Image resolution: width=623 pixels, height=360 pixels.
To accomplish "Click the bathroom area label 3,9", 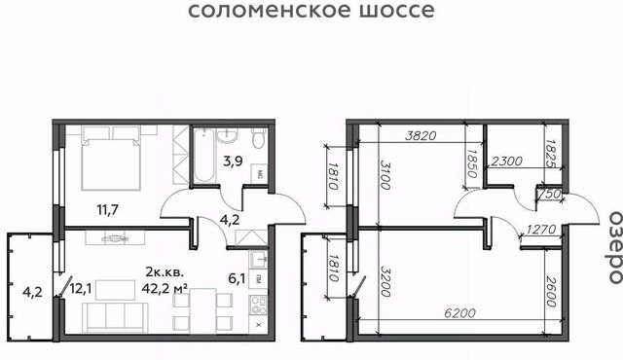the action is [x=233, y=162].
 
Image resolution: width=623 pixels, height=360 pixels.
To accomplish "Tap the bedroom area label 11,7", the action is [x=108, y=209].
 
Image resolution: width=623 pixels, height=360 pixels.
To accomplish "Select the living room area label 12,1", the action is [x=81, y=289].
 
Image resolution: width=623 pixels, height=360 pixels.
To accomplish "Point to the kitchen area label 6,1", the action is [x=237, y=278].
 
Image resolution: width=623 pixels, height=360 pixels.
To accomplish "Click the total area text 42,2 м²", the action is [x=165, y=288].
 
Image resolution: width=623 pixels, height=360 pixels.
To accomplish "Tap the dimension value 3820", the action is [x=421, y=136].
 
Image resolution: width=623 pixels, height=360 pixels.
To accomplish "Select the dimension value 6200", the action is [x=459, y=313].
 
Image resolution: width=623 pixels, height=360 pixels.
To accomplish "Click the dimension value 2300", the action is [x=506, y=162].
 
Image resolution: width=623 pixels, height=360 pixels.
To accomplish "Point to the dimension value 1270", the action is [x=541, y=230].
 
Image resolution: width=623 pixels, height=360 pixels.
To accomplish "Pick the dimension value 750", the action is [x=549, y=194].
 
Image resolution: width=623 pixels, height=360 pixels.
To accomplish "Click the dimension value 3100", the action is [x=385, y=174].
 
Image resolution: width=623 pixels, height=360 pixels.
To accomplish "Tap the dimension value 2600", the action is [x=551, y=292].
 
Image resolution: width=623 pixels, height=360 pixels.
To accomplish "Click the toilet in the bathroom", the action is [x=259, y=138].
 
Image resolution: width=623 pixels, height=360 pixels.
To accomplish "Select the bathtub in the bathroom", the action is [x=204, y=156].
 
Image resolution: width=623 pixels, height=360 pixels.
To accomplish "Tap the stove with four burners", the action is [x=258, y=305].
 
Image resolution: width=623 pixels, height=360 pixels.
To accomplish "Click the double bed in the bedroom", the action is [x=111, y=158].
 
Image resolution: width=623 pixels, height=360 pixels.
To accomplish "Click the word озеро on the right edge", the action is [x=615, y=247].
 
